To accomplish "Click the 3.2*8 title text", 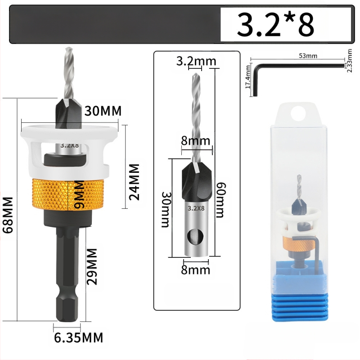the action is click(275, 25).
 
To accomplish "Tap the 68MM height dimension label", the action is click(8, 215).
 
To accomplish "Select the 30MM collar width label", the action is click(103, 111).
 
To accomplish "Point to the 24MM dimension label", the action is click(134, 182).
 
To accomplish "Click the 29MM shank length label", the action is click(92, 266).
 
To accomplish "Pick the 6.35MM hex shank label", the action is click(78, 338).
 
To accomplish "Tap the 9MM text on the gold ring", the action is click(79, 195).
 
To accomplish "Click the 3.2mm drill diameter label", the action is click(196, 61).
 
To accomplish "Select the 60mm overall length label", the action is click(220, 200).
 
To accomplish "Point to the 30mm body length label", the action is click(166, 209).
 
